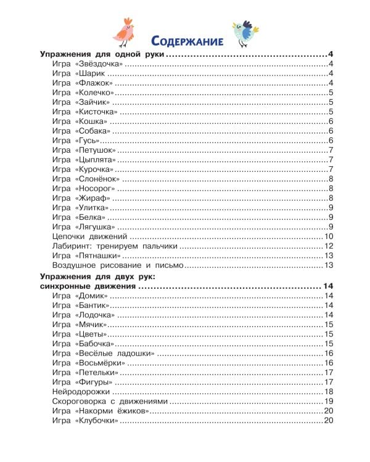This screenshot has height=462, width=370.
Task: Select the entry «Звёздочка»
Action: [x=99, y=65]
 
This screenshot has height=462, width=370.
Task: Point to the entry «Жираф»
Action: [x=92, y=198]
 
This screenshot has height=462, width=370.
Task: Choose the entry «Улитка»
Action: [x=93, y=208]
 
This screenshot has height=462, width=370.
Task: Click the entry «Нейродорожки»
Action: [x=81, y=392]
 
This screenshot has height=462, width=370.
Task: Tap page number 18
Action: [x=329, y=392]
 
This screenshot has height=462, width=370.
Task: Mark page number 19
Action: [x=329, y=402]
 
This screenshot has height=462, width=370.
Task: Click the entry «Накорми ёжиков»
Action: [x=110, y=411]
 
